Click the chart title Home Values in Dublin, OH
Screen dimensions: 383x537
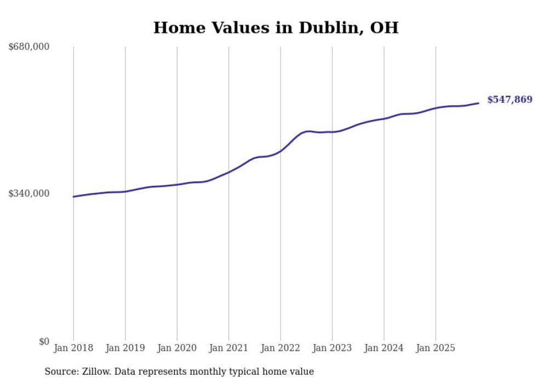point(276,27)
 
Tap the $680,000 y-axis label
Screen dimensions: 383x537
point(28,47)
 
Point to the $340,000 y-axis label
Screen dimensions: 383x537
point(28,193)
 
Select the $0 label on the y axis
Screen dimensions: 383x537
point(44,341)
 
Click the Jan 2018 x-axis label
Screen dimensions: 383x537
point(73,348)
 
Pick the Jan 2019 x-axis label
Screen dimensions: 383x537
point(125,348)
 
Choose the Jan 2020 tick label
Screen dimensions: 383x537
point(177,348)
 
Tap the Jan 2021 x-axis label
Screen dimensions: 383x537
point(228,348)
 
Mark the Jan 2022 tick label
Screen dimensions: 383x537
point(281,348)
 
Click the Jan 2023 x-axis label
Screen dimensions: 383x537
point(332,348)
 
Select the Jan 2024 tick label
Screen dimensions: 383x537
point(384,348)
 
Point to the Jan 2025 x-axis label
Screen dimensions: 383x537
point(436,348)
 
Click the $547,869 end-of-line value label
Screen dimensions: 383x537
point(510,100)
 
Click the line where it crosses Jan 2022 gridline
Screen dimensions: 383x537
point(281,151)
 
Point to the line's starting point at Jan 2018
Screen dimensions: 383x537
point(73,197)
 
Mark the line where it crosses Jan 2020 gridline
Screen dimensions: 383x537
point(177,185)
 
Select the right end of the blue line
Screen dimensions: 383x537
point(479,103)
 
